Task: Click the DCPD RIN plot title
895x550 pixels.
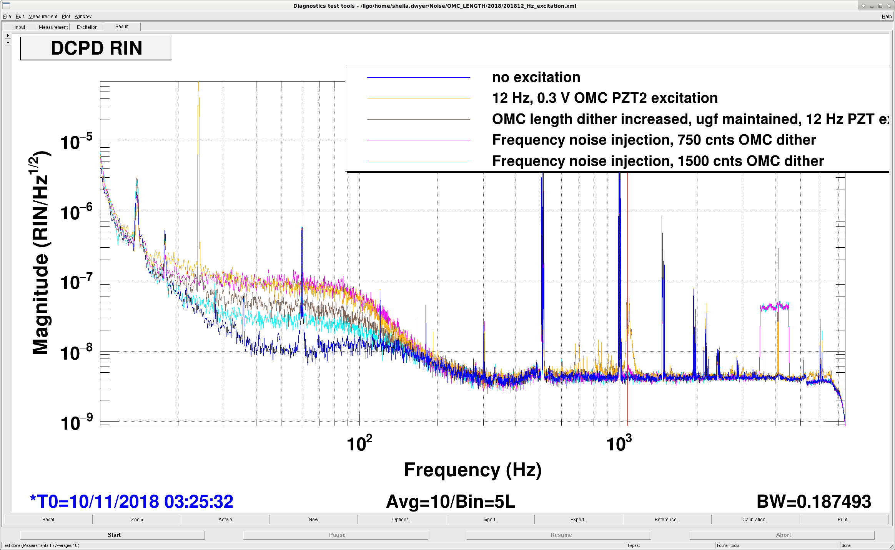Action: [96, 48]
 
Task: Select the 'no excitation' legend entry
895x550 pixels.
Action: [536, 77]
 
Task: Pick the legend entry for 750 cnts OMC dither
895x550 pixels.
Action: [654, 140]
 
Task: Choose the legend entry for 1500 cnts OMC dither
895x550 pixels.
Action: [658, 161]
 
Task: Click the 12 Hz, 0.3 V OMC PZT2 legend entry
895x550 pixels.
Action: [605, 98]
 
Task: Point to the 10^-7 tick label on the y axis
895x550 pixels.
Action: [76, 282]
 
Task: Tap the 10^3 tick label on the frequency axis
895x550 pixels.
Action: [619, 443]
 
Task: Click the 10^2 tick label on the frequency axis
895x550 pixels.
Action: [359, 443]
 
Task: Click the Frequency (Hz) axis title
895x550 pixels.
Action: [473, 470]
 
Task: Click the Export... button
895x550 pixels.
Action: [579, 519]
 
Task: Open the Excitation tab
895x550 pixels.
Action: [87, 27]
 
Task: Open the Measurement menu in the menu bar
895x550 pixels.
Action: [43, 17]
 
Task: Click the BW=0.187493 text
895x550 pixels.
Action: [813, 502]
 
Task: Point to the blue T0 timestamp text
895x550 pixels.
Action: [131, 502]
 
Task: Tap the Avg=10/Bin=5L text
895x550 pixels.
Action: [451, 502]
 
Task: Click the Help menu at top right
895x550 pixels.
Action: [887, 17]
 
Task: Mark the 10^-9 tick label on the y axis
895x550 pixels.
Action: [76, 422]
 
